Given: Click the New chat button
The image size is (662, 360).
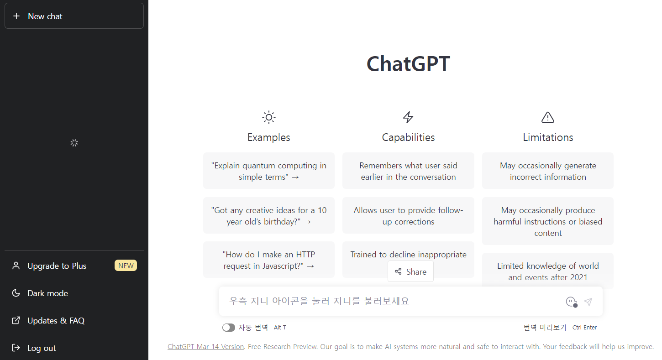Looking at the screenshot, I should (74, 16).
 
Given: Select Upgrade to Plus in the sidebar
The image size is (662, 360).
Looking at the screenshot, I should (57, 266).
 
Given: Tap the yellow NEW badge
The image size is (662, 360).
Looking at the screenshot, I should (126, 266).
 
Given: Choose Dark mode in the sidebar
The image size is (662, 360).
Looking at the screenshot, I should (47, 293).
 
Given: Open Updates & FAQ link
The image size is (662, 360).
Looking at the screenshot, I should (56, 321).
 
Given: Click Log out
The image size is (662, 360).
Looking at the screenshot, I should (41, 348).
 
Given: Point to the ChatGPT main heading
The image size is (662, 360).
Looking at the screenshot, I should (408, 64).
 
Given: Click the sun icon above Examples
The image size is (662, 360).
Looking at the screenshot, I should (269, 117).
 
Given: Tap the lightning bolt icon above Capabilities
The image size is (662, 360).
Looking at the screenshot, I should (408, 117).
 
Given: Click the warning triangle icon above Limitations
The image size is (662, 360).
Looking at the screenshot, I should (547, 117).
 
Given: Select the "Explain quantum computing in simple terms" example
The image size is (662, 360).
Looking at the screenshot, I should (269, 171).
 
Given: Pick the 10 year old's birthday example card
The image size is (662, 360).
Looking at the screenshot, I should (269, 216).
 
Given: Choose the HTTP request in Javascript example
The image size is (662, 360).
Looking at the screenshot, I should (269, 260).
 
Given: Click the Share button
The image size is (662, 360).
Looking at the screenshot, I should (410, 272).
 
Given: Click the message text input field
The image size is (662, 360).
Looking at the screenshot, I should (393, 301).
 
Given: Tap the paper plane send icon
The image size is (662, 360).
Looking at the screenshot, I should (588, 302).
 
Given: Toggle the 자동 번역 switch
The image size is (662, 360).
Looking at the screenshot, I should (229, 328).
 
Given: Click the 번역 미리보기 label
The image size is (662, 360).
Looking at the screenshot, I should (545, 328).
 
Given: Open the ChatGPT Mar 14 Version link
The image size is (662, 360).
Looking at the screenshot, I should (205, 347).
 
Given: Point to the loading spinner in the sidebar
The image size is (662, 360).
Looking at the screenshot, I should (74, 143).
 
